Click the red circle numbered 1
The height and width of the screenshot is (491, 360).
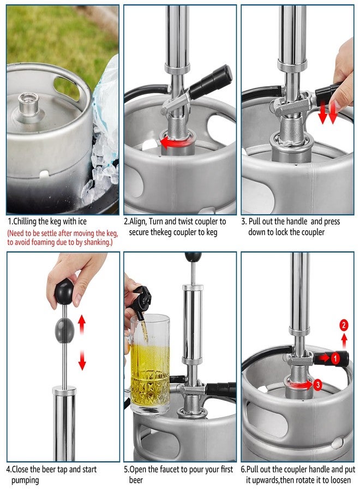coord(335,358)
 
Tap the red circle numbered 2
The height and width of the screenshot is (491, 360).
coord(344,325)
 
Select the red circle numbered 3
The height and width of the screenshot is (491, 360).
coord(318,384)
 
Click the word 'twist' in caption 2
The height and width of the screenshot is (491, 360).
coord(186,221)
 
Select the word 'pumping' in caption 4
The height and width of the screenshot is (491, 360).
coord(25,480)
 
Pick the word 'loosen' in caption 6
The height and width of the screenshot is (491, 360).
coord(340,480)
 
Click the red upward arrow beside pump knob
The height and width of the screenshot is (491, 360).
coord(82,325)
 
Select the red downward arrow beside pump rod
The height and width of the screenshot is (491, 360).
coord(82,360)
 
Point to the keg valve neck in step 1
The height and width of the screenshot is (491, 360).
coord(28,103)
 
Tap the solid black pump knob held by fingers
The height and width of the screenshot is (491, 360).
coord(64,292)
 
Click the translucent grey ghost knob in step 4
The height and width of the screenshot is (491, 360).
coord(65,330)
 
